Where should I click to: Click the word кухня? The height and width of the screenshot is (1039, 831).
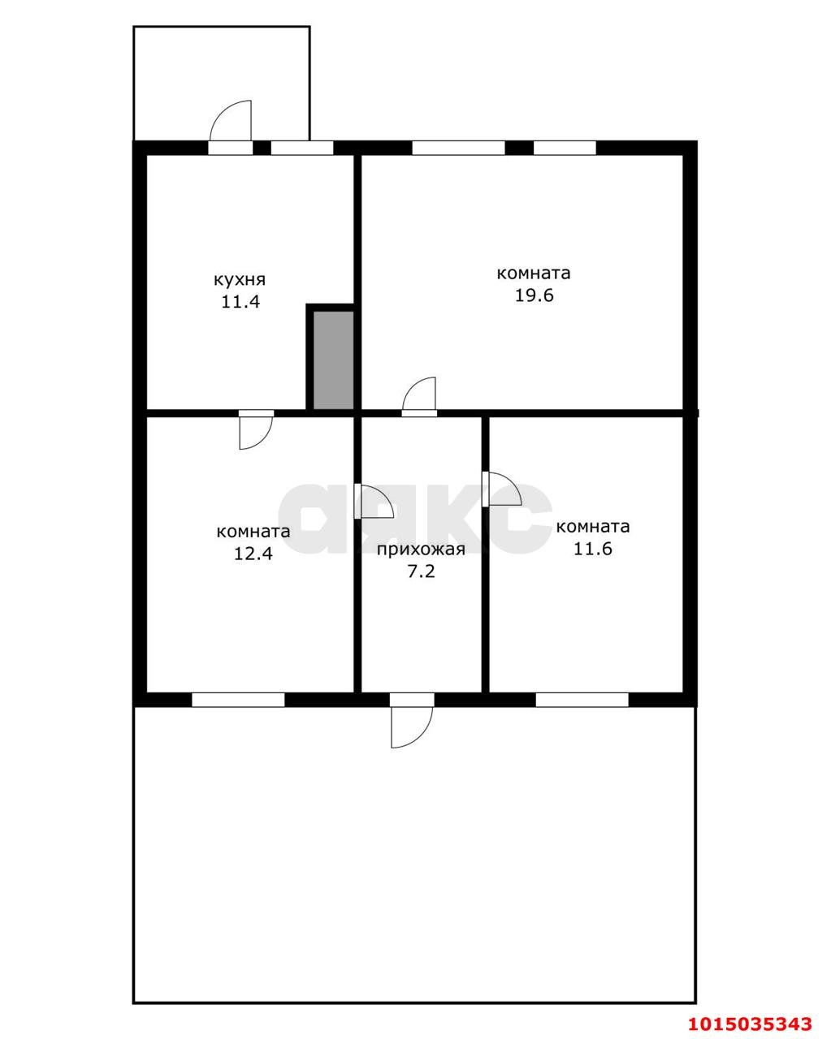240,280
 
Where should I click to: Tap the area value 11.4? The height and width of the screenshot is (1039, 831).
240,302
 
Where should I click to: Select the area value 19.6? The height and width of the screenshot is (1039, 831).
534,295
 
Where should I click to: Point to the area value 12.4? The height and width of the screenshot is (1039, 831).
253,554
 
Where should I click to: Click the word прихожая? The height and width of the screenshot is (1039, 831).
421,550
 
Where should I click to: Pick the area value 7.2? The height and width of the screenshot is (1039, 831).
422,571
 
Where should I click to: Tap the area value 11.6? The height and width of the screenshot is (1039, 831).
593,549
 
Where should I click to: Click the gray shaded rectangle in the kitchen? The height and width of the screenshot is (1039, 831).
333,360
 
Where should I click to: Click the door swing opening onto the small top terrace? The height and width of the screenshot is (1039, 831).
231,121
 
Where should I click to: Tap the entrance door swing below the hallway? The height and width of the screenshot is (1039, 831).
412,727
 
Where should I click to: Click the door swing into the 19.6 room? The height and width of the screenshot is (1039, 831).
419,394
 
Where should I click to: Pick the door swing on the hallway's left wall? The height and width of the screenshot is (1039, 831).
376,501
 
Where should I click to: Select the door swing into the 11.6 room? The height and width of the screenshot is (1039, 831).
504,489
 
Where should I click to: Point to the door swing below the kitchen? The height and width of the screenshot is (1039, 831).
256,433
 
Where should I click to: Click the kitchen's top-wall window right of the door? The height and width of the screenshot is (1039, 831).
302,148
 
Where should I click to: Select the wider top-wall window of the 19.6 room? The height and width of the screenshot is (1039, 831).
458,148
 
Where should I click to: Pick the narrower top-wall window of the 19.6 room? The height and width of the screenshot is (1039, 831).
565,148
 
